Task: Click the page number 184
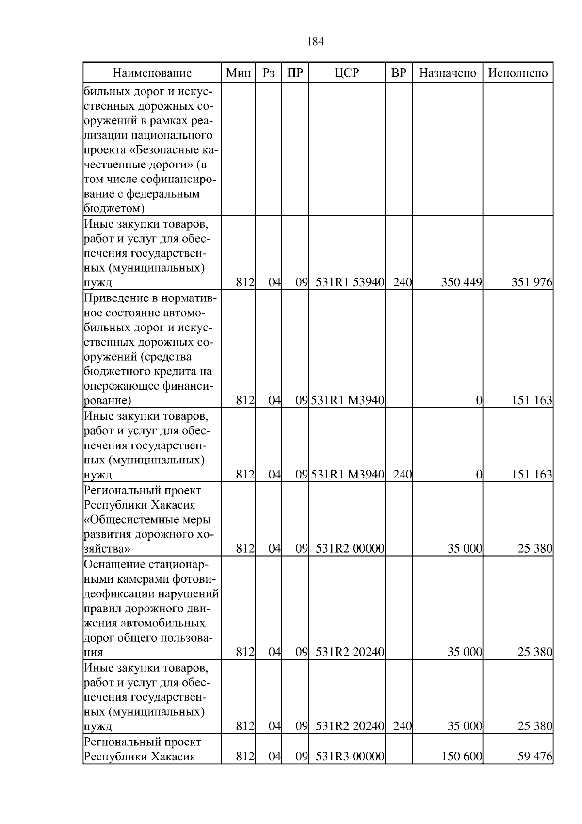point(315,42)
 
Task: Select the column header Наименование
point(152,73)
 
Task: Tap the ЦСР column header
point(347,73)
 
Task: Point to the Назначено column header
point(448,73)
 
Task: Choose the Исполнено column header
point(518,73)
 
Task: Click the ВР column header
point(399,73)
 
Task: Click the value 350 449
point(461,282)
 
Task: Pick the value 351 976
point(532,282)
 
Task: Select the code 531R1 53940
point(350,282)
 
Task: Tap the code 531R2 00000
point(350,549)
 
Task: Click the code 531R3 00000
point(350,756)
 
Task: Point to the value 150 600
point(461,756)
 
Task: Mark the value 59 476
point(535,756)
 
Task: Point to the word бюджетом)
point(114,209)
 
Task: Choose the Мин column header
point(239,73)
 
